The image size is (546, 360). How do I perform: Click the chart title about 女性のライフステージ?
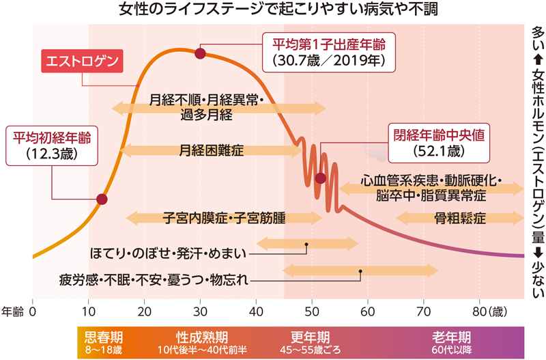click(273, 10)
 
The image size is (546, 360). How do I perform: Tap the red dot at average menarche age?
click(102, 199)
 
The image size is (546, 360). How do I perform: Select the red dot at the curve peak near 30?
click(200, 53)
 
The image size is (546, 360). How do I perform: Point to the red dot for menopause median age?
click(321, 178)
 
